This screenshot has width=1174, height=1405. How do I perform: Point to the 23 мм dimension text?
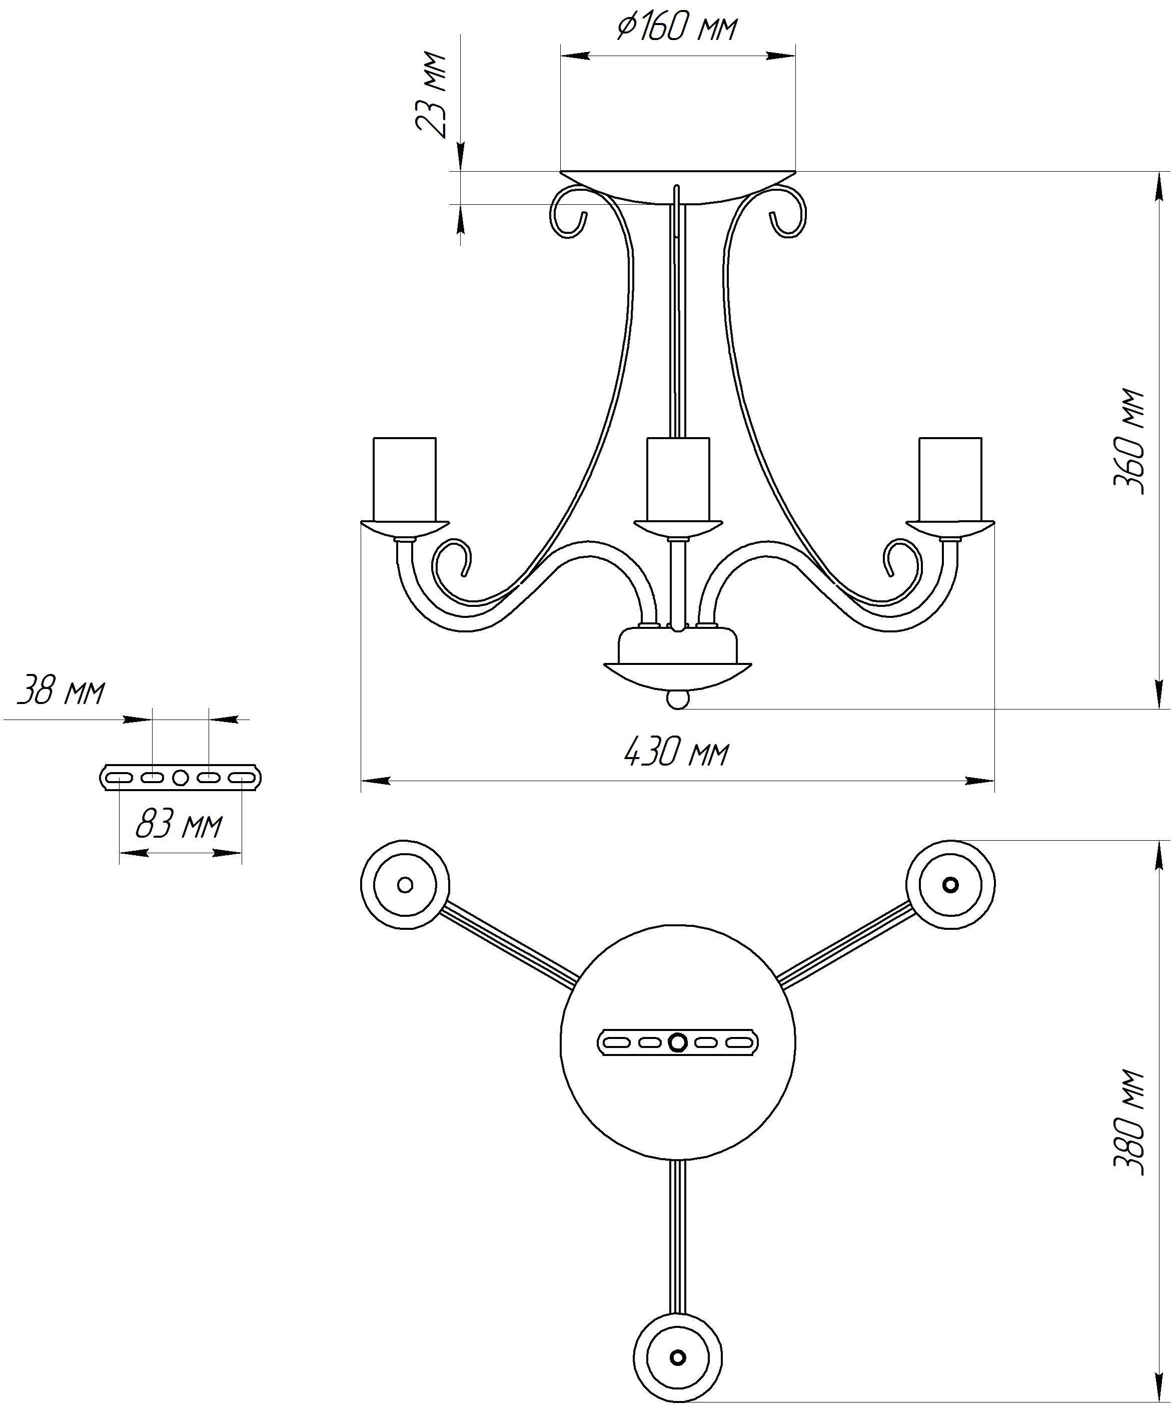(431, 95)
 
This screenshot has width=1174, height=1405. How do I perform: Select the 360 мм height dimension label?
(1128, 441)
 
